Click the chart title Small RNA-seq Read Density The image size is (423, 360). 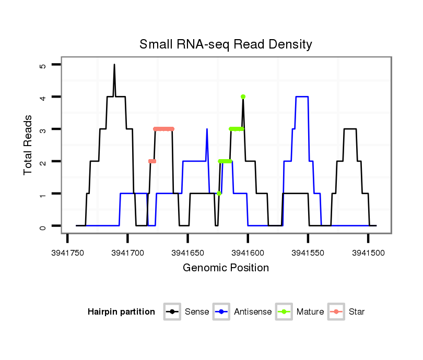click(x=226, y=44)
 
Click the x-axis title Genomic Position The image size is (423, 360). click(x=226, y=268)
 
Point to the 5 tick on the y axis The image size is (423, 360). click(x=43, y=65)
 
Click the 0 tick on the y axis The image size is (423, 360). click(x=43, y=226)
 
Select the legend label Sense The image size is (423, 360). click(x=197, y=312)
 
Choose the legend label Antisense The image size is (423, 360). click(x=253, y=312)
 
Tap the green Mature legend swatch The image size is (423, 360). click(x=284, y=312)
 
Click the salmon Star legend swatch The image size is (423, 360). click(x=336, y=312)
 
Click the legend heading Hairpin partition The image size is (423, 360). click(x=121, y=312)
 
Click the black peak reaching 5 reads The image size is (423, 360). click(x=114, y=65)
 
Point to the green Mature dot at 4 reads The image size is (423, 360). click(x=243, y=97)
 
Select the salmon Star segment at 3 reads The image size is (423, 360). click(x=164, y=129)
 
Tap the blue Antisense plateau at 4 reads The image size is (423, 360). click(x=302, y=97)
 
